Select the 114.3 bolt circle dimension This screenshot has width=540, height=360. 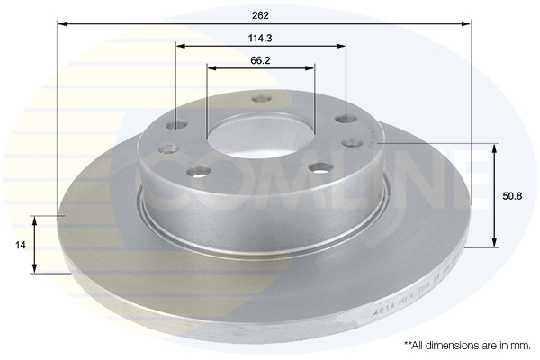coord(261,37)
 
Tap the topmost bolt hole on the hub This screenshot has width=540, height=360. coord(261,99)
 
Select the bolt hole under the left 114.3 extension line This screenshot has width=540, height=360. coord(177,126)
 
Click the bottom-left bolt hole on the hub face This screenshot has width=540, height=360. coord(198,171)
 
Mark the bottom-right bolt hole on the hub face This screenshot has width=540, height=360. coord(320,167)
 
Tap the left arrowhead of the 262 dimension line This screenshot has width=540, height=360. coord(61,24)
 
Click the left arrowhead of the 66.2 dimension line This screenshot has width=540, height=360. coord(211,67)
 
